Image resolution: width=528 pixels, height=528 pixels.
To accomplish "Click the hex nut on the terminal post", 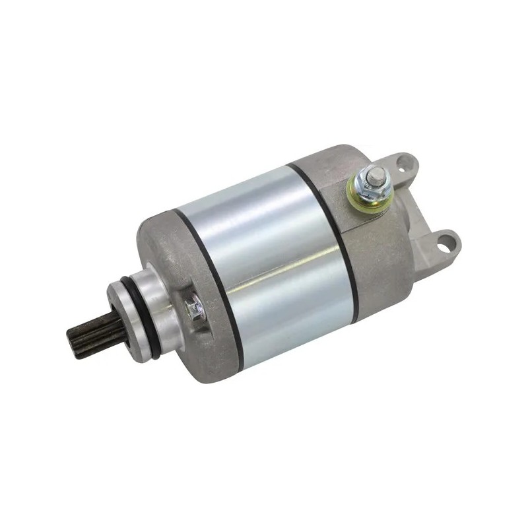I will (x=372, y=185).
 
